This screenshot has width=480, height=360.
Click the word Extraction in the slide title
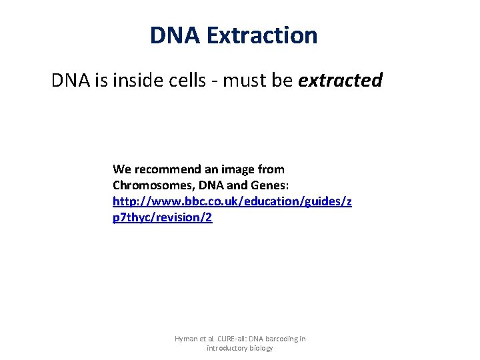click(x=262, y=35)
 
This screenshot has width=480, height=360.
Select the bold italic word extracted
click(x=341, y=81)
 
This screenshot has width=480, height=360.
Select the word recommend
click(x=166, y=169)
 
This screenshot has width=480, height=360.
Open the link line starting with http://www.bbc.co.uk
click(x=232, y=201)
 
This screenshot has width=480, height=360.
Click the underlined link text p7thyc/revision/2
click(x=163, y=217)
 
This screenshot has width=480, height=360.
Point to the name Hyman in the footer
click(x=186, y=339)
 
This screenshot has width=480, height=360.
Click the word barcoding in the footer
click(x=283, y=339)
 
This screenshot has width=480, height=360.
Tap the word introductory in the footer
click(x=229, y=348)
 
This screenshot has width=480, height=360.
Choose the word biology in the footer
click(x=261, y=348)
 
